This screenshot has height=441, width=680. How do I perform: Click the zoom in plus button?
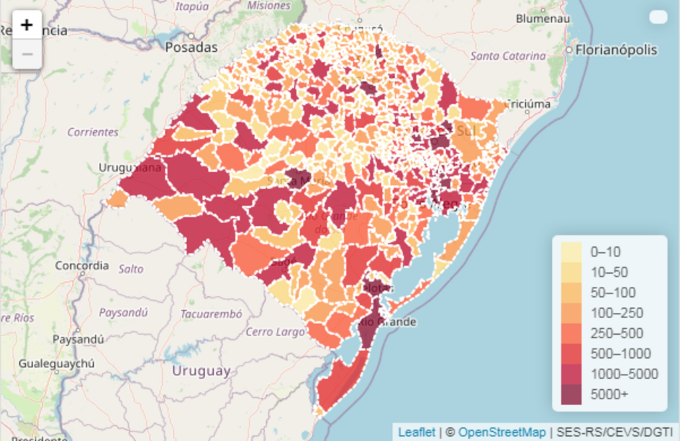[27, 26]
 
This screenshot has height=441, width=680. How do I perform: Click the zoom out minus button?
[27, 54]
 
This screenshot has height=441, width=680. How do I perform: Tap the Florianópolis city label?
[616, 50]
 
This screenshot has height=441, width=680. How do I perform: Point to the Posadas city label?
[191, 47]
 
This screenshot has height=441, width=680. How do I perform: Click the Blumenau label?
[543, 19]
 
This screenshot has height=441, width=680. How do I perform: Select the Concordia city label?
[82, 266]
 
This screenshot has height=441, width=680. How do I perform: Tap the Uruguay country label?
[201, 371]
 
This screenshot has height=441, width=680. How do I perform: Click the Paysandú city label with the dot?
[78, 339]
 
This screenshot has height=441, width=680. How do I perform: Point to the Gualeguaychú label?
[56, 363]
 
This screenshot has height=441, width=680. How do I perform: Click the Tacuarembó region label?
[211, 314]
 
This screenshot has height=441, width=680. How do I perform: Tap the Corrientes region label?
[93, 132]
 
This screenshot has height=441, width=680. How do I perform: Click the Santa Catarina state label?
[508, 56]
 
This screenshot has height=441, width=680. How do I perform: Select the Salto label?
[131, 269]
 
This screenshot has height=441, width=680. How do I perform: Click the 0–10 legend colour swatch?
[571, 252]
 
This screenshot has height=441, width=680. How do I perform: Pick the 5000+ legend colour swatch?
[571, 395]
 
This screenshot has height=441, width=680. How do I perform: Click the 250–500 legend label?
[617, 333]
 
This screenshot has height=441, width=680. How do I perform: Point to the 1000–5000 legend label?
[624, 374]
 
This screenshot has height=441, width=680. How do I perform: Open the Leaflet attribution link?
[416, 432]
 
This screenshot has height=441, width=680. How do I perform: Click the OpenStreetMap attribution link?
[502, 432]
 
